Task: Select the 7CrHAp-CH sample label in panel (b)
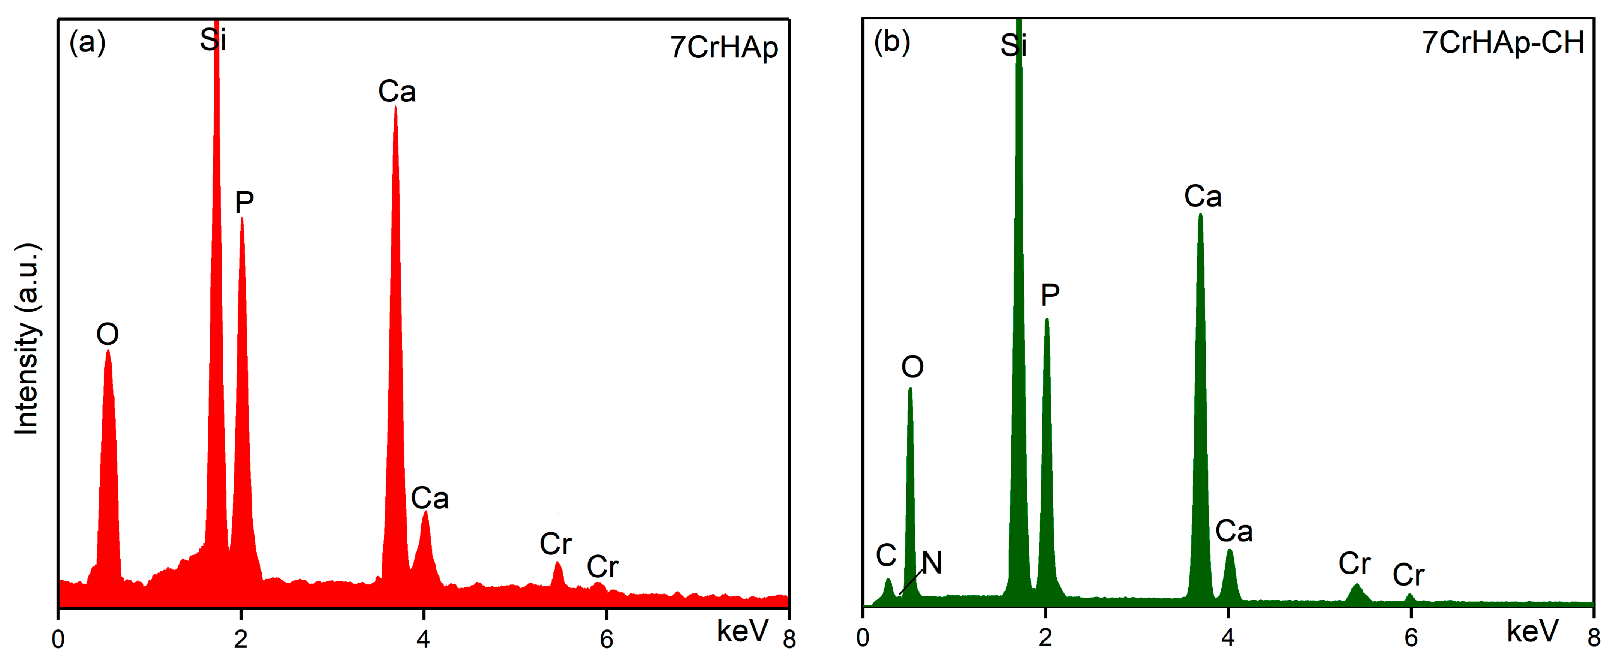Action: click(x=1503, y=43)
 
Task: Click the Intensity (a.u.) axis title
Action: click(x=27, y=338)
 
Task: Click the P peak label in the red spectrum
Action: click(x=244, y=202)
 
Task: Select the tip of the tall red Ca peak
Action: click(x=395, y=108)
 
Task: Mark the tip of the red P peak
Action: click(x=242, y=219)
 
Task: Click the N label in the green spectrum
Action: click(x=932, y=562)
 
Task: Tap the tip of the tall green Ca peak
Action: click(x=1200, y=215)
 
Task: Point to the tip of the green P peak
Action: click(x=1046, y=320)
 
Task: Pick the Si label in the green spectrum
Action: click(x=1013, y=45)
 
